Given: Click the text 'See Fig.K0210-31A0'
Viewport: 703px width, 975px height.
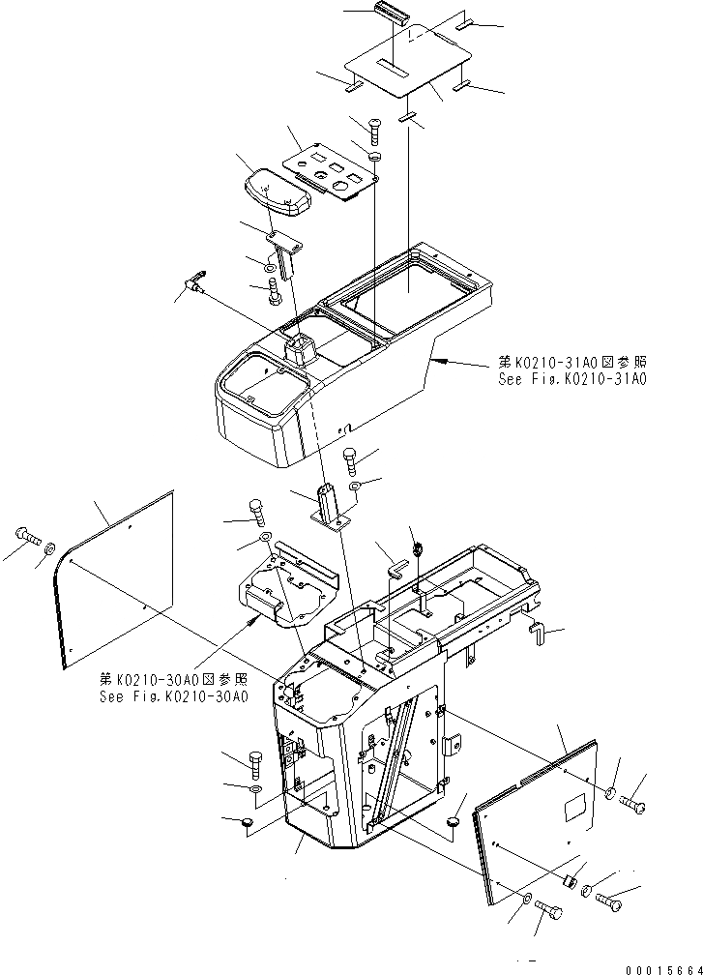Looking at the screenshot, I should pos(572,378).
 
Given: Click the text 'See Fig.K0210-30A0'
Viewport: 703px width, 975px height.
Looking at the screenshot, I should pos(173,696).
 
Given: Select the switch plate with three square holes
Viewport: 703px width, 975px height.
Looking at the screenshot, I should pos(330,168).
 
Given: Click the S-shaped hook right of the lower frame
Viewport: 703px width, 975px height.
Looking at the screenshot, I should pos(537,635).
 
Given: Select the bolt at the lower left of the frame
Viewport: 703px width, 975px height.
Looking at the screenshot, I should pos(254,764).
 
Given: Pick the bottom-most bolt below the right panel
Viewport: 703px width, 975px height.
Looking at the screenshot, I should pos(549,909).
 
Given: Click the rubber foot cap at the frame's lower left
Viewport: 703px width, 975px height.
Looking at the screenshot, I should pos(246,823).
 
